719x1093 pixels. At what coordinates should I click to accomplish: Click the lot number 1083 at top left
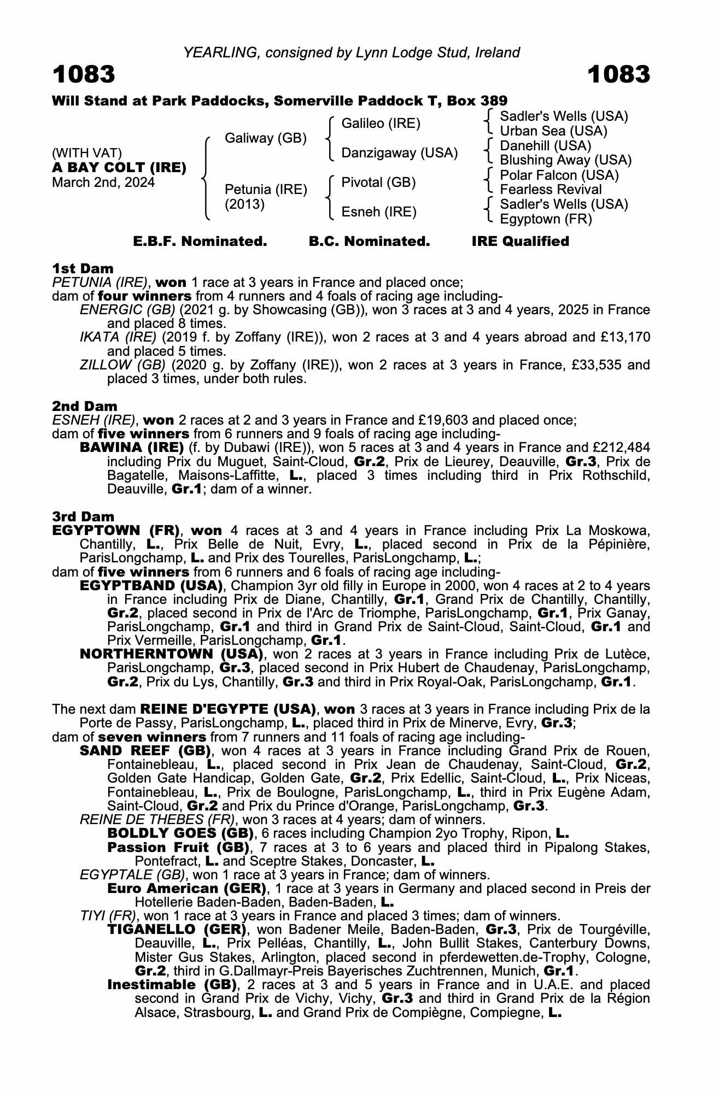(84, 74)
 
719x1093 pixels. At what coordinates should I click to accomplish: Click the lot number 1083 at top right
(619, 74)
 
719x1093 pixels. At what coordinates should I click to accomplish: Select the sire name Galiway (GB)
(266, 138)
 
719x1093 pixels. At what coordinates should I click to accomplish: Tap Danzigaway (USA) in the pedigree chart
(399, 153)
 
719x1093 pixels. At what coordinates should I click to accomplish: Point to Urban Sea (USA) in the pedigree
(553, 131)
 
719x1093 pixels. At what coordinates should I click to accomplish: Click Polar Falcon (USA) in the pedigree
(559, 175)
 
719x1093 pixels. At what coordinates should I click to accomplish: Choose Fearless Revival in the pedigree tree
(551, 190)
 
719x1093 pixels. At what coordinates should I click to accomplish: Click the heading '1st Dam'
(83, 268)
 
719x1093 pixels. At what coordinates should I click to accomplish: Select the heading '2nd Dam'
(84, 406)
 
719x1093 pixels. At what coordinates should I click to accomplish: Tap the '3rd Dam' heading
(83, 516)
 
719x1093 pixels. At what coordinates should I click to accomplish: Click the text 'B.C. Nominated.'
(369, 242)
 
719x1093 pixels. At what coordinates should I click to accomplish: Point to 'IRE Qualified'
(520, 242)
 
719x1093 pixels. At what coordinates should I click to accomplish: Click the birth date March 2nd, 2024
(103, 183)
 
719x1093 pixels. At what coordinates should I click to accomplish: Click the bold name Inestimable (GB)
(172, 985)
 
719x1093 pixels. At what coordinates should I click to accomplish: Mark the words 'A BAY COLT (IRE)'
(119, 168)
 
